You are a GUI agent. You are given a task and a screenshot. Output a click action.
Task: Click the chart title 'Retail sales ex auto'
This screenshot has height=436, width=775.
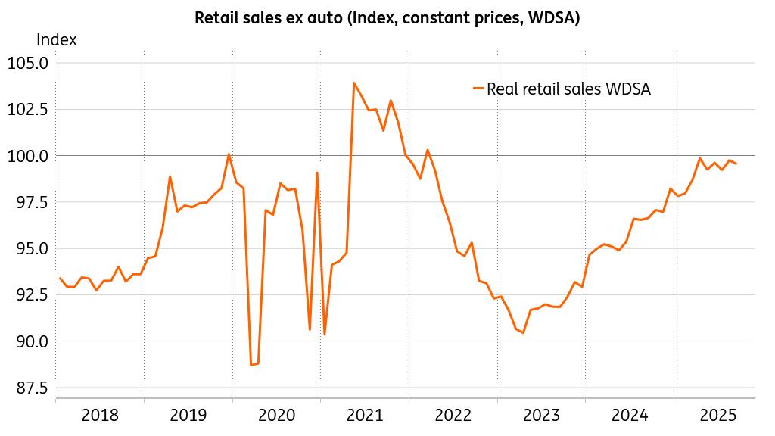pyautogui.click(x=387, y=17)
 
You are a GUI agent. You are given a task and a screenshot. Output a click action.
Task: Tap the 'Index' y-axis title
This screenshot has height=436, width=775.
pyautogui.click(x=56, y=40)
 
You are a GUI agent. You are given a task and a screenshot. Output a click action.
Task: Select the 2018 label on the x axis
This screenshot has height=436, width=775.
pyautogui.click(x=100, y=415)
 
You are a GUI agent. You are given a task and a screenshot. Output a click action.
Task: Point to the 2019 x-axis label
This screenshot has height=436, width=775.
pyautogui.click(x=188, y=415)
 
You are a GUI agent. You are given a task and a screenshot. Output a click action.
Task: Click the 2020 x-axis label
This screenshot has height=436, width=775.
pyautogui.click(x=276, y=415)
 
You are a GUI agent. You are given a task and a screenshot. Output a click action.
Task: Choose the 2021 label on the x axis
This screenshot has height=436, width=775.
pyautogui.click(x=365, y=415)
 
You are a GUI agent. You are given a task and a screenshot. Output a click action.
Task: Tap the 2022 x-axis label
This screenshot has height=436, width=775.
pyautogui.click(x=453, y=415)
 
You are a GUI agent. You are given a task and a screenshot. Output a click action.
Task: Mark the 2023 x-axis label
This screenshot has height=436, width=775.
pyautogui.click(x=541, y=415)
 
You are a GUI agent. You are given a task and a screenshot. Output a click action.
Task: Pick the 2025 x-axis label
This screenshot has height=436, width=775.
pyautogui.click(x=717, y=415)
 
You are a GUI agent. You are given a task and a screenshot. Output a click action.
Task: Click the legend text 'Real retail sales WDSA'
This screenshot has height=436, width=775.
pyautogui.click(x=568, y=89)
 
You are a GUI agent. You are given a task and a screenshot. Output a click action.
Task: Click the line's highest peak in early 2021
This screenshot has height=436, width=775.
pyautogui.click(x=353, y=83)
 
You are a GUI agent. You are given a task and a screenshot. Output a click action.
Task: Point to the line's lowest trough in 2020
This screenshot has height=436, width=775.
pyautogui.click(x=251, y=365)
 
